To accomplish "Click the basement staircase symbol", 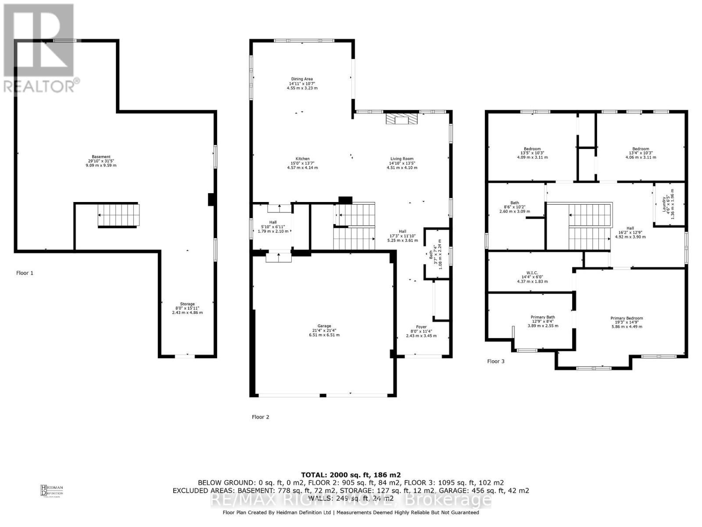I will tap(118, 215).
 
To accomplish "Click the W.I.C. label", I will tap(532, 277).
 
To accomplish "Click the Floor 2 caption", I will tap(261, 417).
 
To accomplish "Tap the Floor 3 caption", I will tap(496, 361).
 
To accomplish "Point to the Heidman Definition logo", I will tap(52, 490).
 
